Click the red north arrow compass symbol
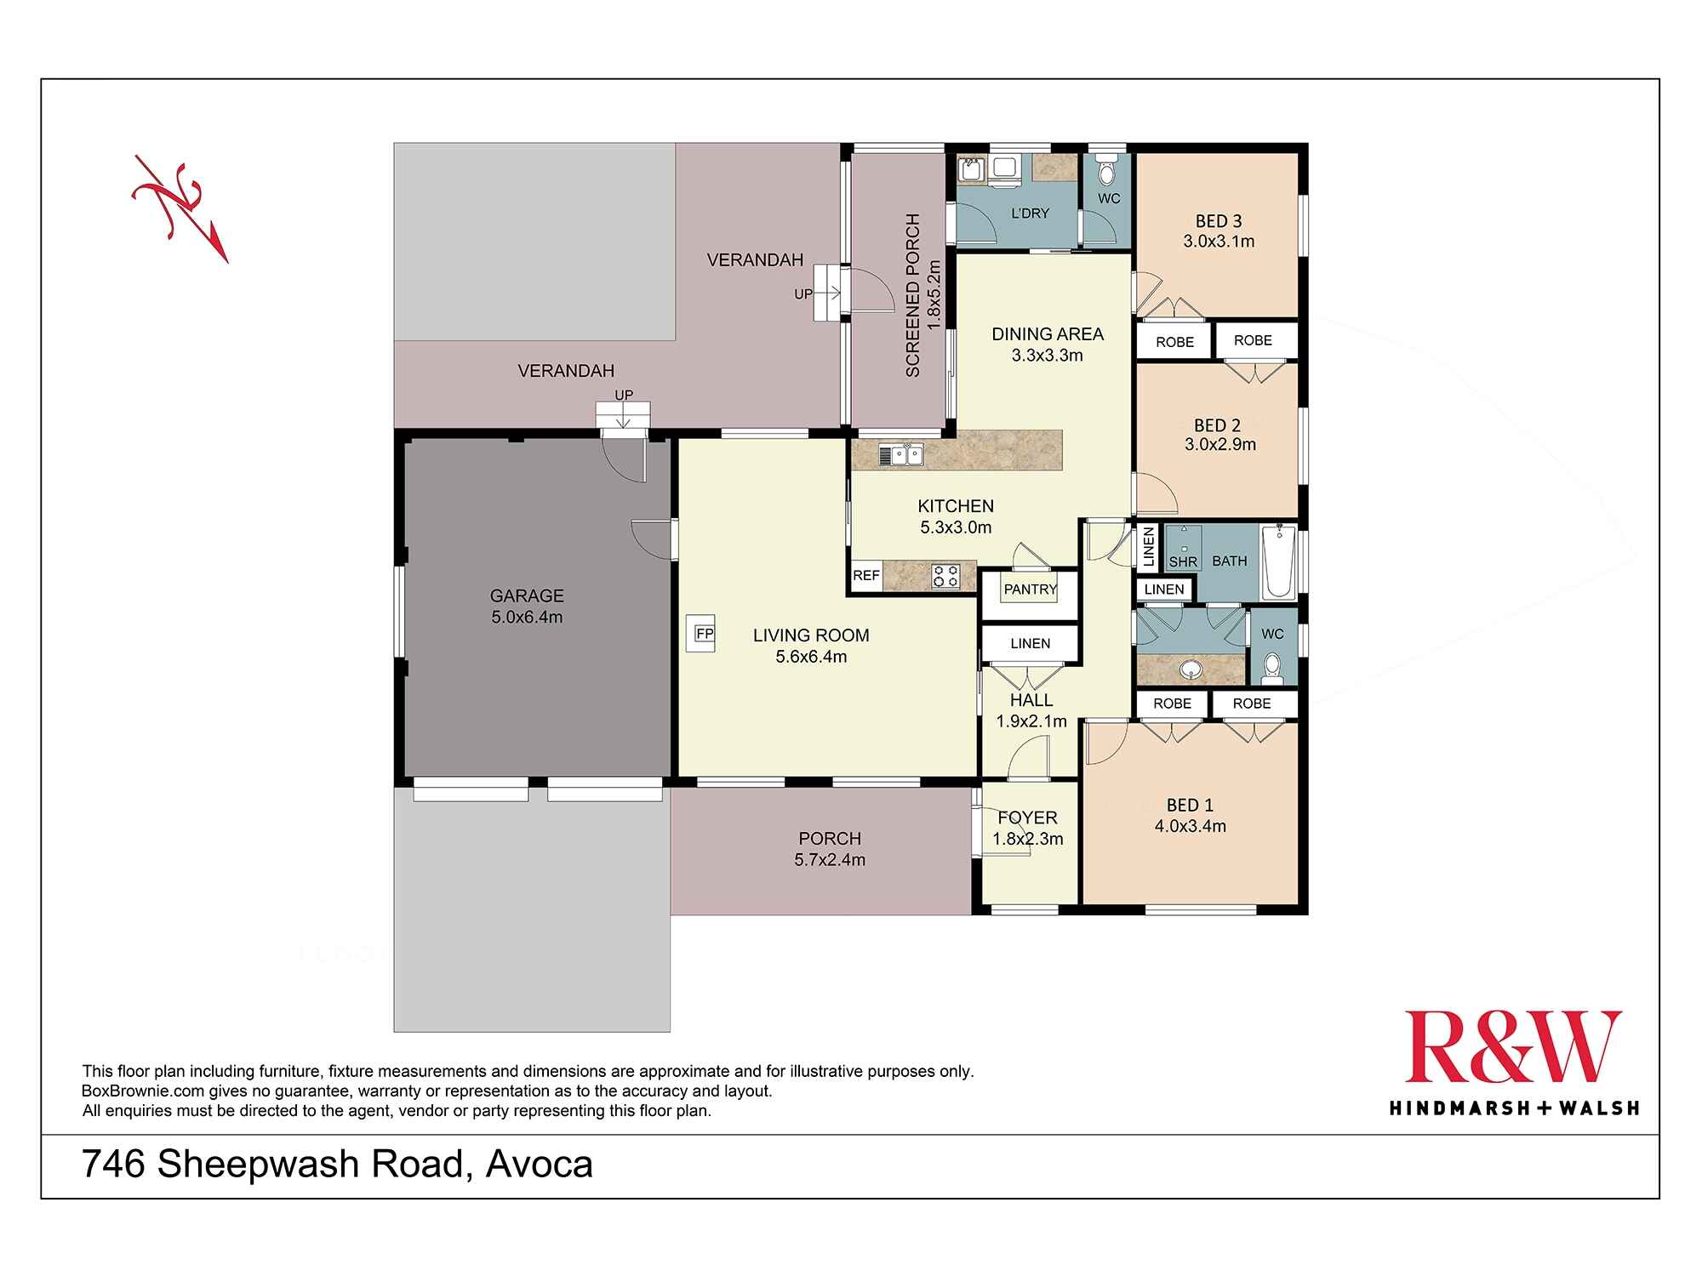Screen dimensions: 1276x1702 point(180,207)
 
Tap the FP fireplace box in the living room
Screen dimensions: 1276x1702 point(703,634)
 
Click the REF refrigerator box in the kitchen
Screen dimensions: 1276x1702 point(866,576)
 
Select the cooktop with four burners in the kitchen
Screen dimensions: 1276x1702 point(945,576)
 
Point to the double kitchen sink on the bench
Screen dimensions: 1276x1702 point(901,455)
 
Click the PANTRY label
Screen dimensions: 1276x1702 point(1030,590)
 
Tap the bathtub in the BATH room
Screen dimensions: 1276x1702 point(1278,562)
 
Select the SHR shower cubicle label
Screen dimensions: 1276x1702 point(1183,561)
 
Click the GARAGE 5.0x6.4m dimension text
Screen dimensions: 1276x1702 point(527,618)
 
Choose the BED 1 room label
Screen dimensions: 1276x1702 point(1190,805)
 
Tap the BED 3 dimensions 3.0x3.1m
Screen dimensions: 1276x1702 point(1219,242)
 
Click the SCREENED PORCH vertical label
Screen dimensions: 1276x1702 point(913,296)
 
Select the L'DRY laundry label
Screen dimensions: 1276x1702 point(1030,214)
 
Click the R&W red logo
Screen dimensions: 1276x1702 point(1513,1047)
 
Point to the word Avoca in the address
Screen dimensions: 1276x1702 point(539,1165)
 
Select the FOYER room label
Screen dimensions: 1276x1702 point(1027,817)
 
